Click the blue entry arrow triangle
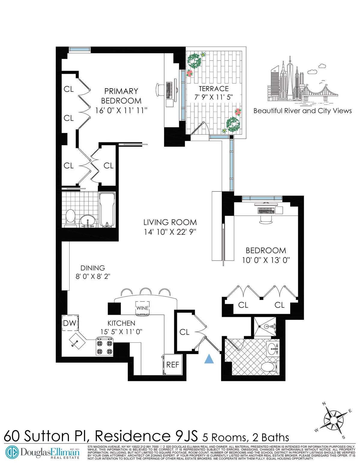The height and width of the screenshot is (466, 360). point(209,359)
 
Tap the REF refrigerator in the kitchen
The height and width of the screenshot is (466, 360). point(172,365)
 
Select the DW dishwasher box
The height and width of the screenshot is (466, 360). point(70,323)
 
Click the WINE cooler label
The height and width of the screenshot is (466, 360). point(142,308)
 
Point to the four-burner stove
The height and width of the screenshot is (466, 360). point(105,347)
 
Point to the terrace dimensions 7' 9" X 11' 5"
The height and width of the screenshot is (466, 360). point(214,97)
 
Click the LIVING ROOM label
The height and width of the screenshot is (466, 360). point(170,222)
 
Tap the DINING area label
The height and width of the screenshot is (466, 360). point(93,268)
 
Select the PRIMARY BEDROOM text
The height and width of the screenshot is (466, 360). point(121,96)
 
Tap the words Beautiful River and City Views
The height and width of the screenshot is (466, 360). point(302,111)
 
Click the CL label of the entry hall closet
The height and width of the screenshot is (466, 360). point(184,332)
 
